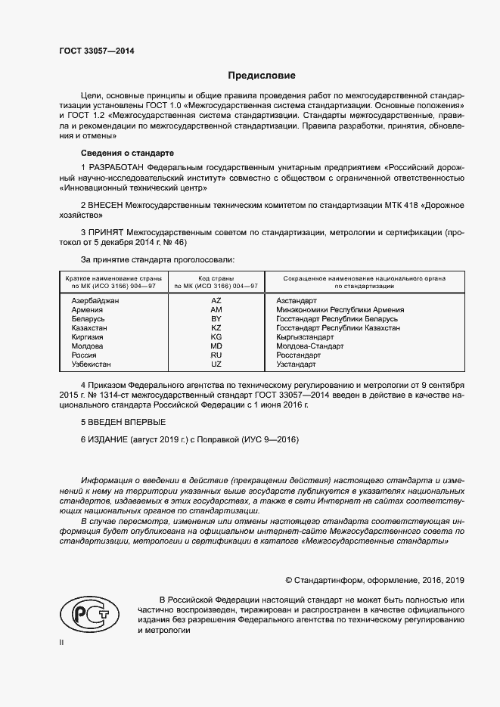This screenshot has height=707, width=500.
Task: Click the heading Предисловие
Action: point(262,76)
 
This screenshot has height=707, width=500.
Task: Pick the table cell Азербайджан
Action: point(95,300)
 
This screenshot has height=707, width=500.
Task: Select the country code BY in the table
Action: point(216,319)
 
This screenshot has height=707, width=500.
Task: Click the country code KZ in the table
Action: point(216,328)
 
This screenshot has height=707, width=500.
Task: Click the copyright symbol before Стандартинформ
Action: point(288,580)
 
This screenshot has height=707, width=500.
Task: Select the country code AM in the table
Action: point(216,310)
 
